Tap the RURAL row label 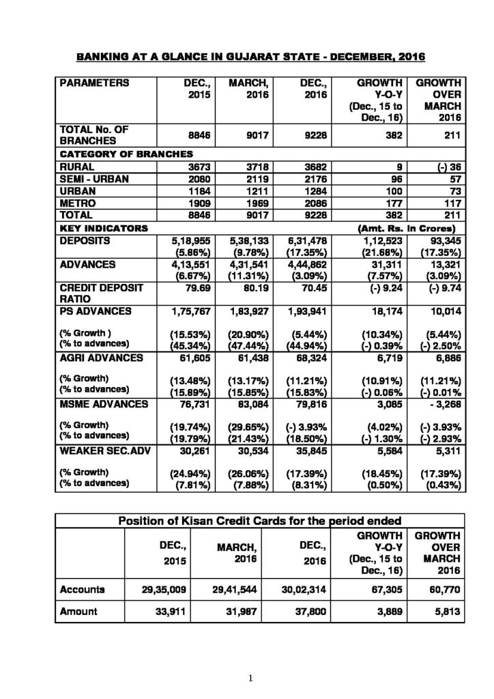point(77,166)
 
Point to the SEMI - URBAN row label point(91,178)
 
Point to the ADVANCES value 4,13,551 point(186,264)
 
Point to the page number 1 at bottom point(251,678)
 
